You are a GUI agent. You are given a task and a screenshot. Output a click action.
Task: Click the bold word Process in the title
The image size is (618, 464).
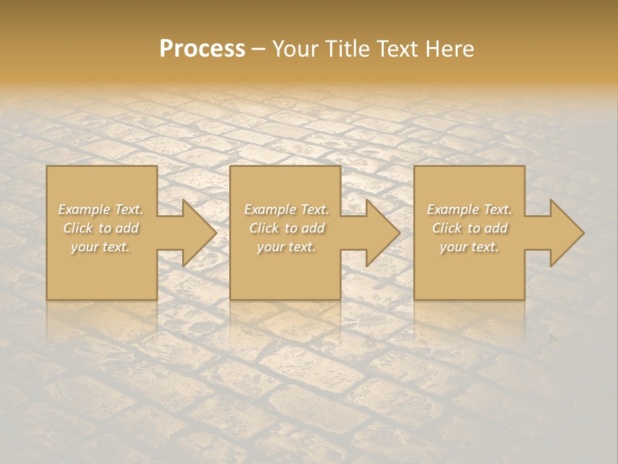[202, 49]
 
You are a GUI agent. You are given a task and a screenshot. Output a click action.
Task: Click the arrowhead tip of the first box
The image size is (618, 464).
[215, 233]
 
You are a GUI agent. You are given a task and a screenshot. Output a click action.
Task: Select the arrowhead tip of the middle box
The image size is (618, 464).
[398, 233]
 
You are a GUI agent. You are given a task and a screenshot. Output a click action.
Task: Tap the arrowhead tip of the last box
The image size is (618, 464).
[583, 233]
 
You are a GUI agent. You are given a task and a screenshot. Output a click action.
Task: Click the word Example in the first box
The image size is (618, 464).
[84, 209]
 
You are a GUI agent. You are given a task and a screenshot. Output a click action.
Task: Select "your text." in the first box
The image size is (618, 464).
[100, 247]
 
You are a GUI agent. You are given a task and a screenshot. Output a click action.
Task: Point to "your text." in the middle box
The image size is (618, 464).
[286, 247]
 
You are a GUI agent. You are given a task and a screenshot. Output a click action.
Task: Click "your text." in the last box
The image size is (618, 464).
[469, 247]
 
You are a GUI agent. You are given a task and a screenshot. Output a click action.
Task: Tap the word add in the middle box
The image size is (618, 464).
[313, 228]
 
